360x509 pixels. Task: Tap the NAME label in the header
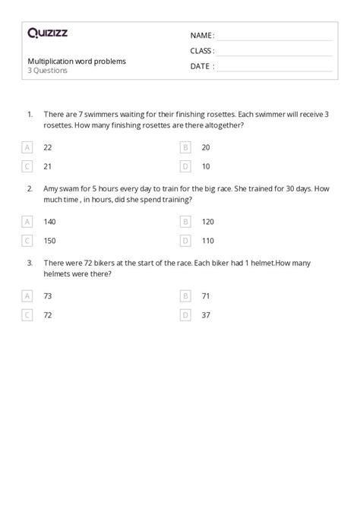[x=201, y=35]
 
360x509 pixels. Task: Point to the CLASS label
[x=202, y=51]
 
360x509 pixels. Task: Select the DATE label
[x=202, y=66]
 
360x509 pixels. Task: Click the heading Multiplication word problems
[x=77, y=61]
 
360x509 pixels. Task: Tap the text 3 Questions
[x=47, y=71]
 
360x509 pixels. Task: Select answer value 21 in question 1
[x=48, y=165]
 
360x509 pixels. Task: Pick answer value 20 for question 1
[x=206, y=147]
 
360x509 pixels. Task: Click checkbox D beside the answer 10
[x=185, y=165]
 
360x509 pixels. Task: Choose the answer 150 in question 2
[x=50, y=240]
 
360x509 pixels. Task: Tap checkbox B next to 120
[x=185, y=222]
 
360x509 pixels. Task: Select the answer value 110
[x=207, y=240]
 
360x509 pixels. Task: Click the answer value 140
[x=50, y=222]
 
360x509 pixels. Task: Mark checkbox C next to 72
[x=28, y=314]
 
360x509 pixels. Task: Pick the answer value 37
[x=206, y=314]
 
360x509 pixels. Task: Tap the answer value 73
[x=48, y=296]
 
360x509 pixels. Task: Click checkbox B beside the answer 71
[x=185, y=296]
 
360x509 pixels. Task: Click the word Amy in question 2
[x=52, y=189]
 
